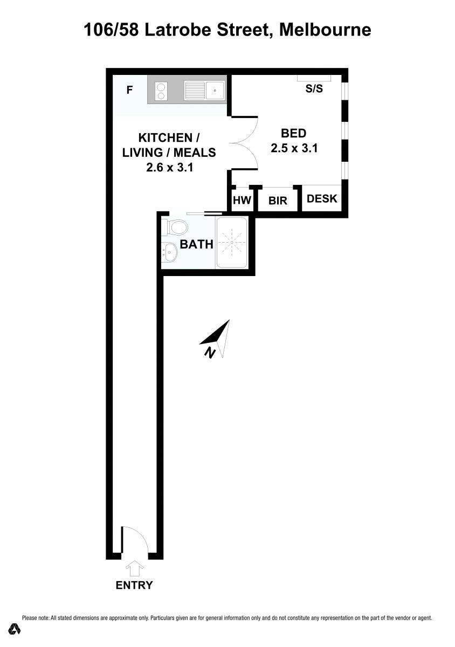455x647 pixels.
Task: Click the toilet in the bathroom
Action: coord(175,228)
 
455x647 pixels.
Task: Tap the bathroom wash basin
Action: coord(169,252)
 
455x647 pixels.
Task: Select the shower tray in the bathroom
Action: coord(232,242)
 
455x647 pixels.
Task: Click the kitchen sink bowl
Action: coord(215,91)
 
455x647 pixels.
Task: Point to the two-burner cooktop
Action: coord(161,91)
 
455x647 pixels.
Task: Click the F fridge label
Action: coord(129,90)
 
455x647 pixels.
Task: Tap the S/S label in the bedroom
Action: coord(314,88)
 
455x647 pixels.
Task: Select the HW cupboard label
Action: coord(242,200)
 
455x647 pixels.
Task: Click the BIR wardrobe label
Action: coord(278,201)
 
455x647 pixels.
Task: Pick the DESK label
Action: coord(322,199)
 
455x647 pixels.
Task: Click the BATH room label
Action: coord(196,244)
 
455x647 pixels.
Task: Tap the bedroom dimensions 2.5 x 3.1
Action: coord(294,148)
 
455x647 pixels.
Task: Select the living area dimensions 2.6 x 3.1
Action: coord(170,168)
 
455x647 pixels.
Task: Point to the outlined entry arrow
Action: coord(135,568)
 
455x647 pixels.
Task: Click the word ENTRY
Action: coord(134,585)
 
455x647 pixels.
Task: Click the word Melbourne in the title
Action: coord(325,30)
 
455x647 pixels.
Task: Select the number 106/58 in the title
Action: coord(111,30)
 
